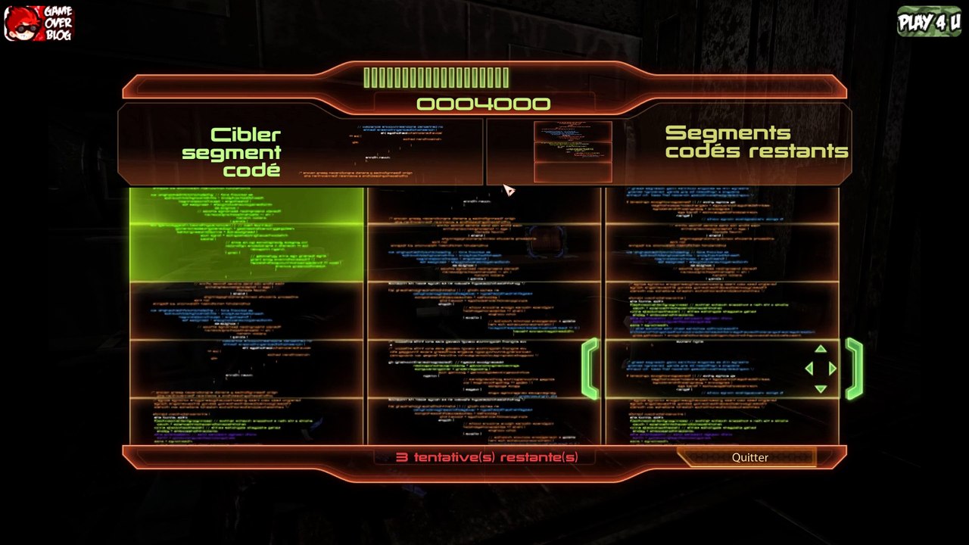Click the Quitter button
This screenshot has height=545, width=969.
point(749,457)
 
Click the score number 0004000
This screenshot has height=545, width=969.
point(483,104)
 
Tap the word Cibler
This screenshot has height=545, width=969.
point(245,135)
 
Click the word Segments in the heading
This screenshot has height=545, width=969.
point(717,133)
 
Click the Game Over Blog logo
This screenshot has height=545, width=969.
point(39,23)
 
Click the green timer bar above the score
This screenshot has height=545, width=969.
point(436,77)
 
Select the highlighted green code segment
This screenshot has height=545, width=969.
point(247,235)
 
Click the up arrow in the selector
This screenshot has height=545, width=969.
point(821,349)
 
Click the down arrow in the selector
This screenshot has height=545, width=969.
point(821,389)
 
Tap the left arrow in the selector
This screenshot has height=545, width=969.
point(809,369)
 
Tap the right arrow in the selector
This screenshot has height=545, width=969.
point(833,369)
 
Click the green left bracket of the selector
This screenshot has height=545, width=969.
point(590,369)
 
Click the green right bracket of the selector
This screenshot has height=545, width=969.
point(854,369)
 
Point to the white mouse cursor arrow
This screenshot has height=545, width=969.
point(507,189)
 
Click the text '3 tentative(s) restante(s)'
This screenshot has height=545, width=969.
point(487,457)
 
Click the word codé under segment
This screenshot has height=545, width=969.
point(251,170)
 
